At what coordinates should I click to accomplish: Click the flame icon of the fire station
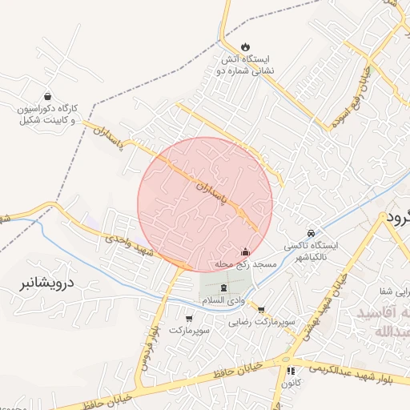[245, 46]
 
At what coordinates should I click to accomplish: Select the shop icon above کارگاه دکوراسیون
[48, 95]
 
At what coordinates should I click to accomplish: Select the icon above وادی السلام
[223, 287]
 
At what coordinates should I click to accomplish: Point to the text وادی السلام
[223, 299]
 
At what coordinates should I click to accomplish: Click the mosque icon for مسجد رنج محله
[245, 251]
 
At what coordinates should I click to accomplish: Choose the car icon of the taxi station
[311, 231]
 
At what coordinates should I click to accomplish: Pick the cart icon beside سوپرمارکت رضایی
[261, 308]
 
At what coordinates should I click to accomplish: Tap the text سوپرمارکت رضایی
[262, 323]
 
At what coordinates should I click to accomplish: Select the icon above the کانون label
[291, 372]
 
